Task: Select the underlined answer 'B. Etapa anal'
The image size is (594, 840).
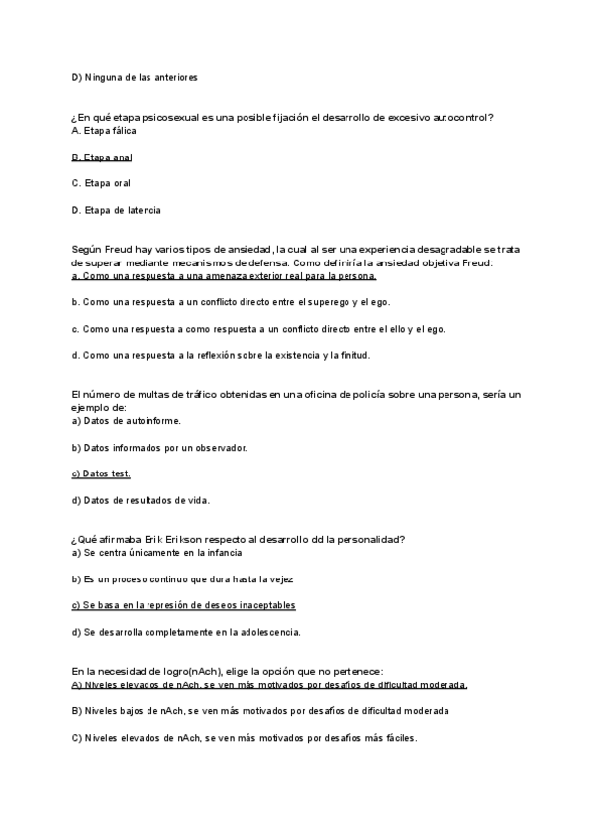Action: (x=102, y=157)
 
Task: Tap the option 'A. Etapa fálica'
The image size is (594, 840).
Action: (x=105, y=131)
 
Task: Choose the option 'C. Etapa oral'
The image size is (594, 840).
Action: (x=101, y=183)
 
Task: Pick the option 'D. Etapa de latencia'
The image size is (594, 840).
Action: (x=116, y=210)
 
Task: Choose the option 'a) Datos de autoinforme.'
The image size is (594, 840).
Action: (x=127, y=421)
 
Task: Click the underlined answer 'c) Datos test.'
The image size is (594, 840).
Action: (x=101, y=473)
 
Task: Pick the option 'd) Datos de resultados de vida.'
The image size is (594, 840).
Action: (x=141, y=500)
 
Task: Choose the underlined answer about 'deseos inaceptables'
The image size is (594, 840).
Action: (x=184, y=605)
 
